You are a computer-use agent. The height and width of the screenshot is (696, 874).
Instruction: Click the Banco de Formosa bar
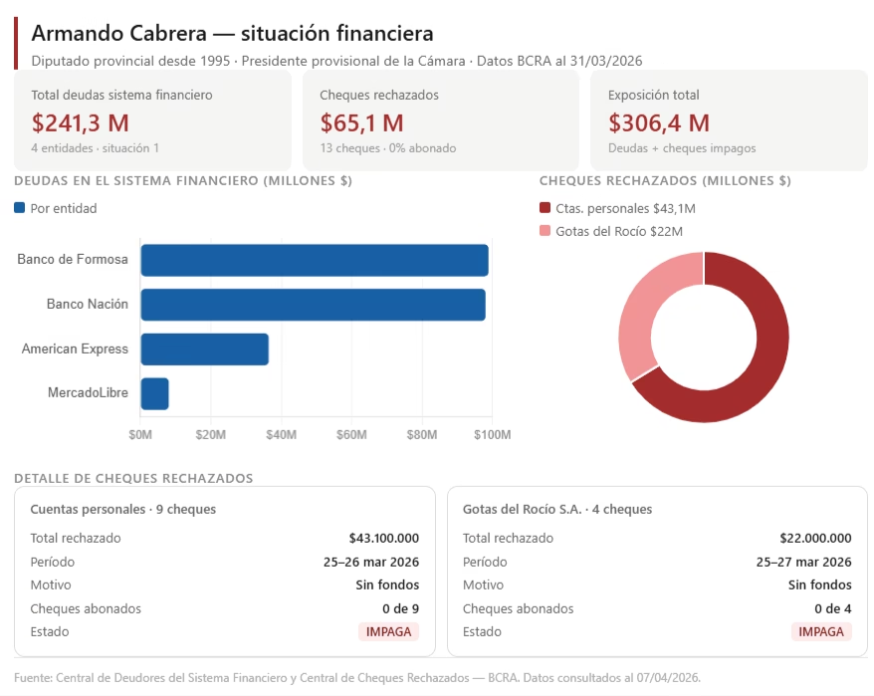315,260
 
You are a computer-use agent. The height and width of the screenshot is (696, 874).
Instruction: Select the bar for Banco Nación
313,305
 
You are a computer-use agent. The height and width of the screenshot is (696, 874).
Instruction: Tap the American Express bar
205,349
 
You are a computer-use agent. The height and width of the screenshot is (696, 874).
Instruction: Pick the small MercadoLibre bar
154,393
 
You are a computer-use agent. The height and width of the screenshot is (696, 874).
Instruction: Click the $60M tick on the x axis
352,435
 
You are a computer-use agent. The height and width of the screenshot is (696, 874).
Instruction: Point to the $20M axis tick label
211,435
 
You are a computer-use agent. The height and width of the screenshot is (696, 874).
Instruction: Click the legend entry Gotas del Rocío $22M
610,231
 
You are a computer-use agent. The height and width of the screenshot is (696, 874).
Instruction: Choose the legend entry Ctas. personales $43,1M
616,208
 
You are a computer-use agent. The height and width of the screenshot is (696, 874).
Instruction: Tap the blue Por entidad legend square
20,208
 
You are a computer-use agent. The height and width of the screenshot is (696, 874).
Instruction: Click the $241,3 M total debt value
81,123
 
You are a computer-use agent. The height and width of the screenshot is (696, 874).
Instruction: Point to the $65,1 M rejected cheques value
361,123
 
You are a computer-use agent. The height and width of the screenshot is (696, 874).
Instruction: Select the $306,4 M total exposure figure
659,123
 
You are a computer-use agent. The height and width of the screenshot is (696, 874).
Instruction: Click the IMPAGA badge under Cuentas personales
388,631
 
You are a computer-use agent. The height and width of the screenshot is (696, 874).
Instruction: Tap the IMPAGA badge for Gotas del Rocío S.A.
821,631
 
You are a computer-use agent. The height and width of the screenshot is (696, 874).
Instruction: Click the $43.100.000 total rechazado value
383,538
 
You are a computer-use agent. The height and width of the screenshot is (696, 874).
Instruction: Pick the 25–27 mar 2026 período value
803,562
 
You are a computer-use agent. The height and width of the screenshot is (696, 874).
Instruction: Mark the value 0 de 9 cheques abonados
400,608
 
